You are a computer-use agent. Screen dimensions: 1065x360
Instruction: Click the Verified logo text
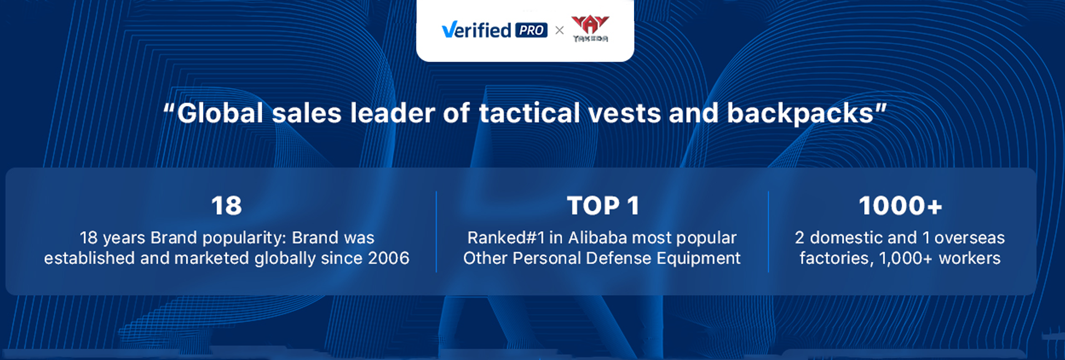pos(476,30)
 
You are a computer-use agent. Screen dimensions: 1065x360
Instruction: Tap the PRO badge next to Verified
pos(531,31)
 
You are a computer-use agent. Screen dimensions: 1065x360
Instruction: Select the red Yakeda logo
pos(590,29)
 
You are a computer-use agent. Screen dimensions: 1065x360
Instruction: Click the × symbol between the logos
pos(559,31)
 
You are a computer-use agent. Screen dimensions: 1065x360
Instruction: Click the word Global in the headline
pos(220,113)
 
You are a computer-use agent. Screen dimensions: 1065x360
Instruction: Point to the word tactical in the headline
pos(529,113)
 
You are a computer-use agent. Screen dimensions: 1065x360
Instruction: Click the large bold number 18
pos(226,206)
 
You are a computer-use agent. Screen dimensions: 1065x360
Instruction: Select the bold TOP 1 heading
pos(603,206)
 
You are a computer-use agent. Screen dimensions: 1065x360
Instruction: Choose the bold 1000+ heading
pos(900,206)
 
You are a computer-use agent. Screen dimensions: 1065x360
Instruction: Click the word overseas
pos(970,238)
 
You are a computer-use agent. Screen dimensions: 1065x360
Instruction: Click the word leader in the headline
pos(392,113)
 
